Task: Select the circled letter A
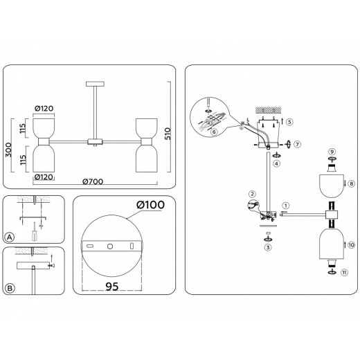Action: pyautogui.click(x=10, y=236)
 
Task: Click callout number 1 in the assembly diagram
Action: pyautogui.click(x=287, y=206)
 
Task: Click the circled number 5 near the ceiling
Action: pyautogui.click(x=289, y=121)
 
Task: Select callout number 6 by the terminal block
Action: pyautogui.click(x=215, y=131)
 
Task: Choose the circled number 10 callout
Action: pyautogui.click(x=351, y=245)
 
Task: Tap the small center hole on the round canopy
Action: pyautogui.click(x=108, y=246)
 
